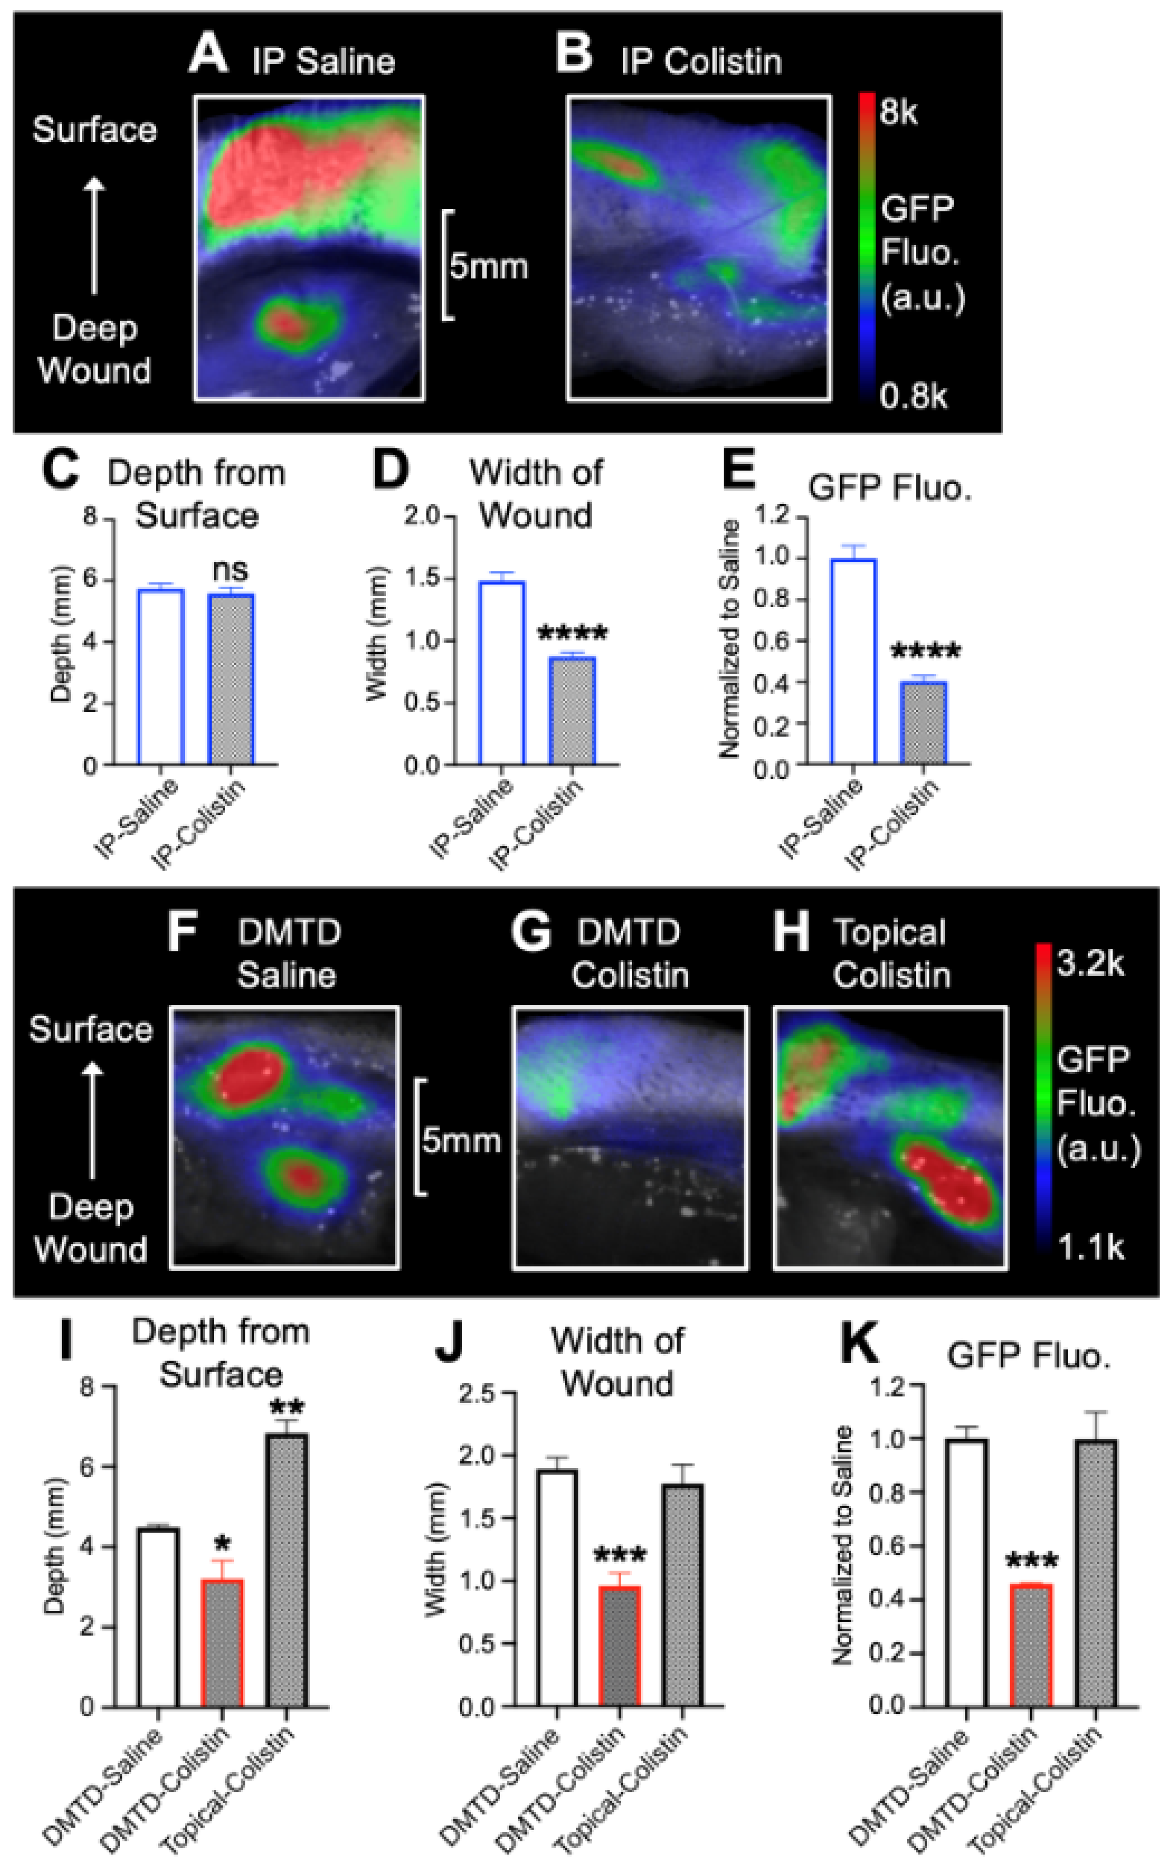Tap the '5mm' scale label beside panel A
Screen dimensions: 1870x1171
click(x=489, y=266)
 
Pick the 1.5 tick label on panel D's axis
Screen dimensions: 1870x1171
click(x=423, y=578)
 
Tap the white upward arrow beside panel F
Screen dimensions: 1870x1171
click(x=93, y=1119)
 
